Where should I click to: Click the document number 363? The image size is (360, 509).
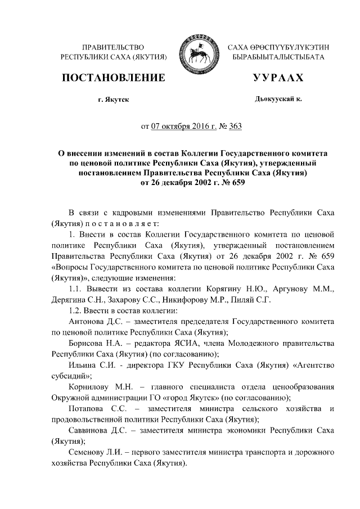(235, 126)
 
